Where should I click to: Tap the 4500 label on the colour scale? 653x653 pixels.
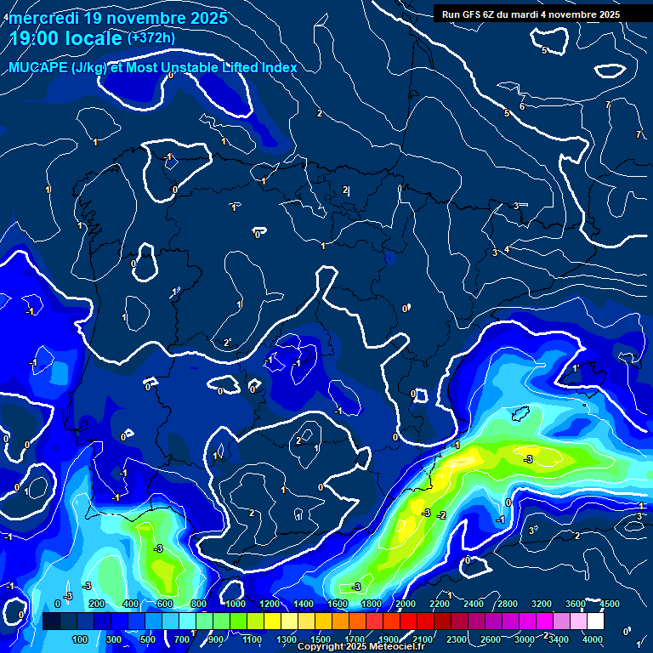coord(609,604)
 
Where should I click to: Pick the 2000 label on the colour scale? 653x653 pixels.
coord(405,604)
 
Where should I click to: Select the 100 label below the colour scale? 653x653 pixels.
coord(80,639)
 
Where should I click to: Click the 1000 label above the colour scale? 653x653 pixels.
coord(235,604)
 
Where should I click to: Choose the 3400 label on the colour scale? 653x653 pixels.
coord(559,639)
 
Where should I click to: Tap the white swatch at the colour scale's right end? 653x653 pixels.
coord(594,622)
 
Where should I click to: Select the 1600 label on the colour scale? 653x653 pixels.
coord(337,604)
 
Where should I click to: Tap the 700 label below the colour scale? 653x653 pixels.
coord(182,639)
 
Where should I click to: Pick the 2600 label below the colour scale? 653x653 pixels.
coord(491,639)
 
